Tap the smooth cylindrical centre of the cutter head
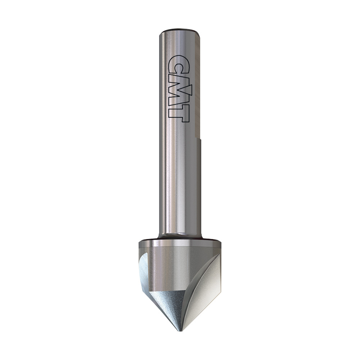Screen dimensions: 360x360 pos(173,266)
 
